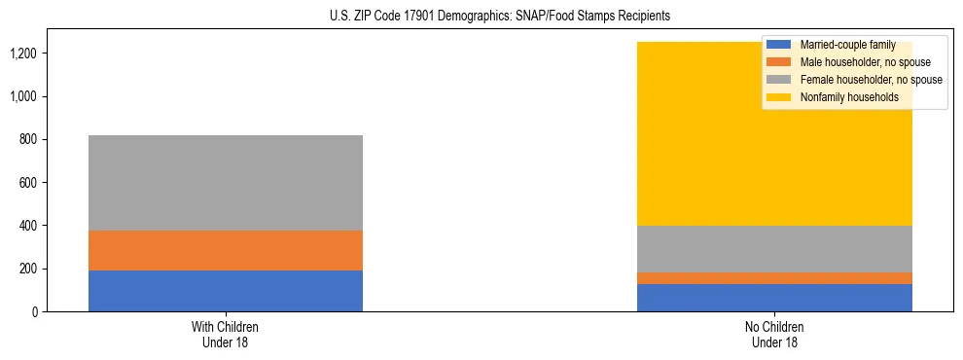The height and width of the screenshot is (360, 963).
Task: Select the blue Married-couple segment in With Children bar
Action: click(x=226, y=291)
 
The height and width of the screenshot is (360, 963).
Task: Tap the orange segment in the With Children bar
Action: click(x=226, y=250)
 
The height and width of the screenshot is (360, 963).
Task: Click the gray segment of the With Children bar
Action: click(x=226, y=183)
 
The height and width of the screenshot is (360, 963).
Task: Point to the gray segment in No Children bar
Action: click(x=774, y=249)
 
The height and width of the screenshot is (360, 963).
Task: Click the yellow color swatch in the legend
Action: click(x=779, y=97)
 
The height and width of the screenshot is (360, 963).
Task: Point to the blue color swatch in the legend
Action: click(x=779, y=45)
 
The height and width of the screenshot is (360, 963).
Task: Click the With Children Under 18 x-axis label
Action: click(x=226, y=335)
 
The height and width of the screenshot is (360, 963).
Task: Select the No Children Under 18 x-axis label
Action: click(x=774, y=335)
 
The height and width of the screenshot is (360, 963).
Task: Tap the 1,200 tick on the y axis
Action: click(x=24, y=54)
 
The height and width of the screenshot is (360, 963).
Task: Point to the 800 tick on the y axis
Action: click(x=28, y=140)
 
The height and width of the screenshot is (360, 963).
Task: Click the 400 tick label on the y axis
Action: click(x=28, y=226)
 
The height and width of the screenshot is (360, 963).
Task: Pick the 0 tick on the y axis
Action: click(x=35, y=312)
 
